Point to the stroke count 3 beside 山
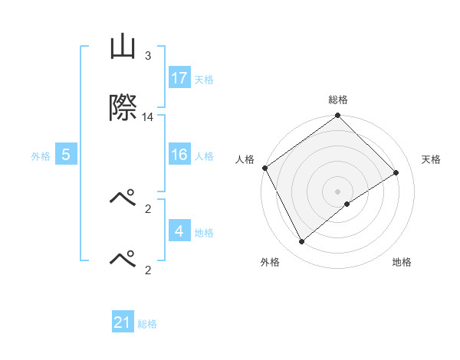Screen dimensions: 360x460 pos(148,56)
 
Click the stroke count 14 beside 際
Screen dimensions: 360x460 pos(148,117)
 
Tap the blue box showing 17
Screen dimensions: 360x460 pos(179,78)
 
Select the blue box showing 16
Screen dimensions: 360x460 pos(179,155)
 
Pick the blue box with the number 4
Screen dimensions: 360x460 pos(179,231)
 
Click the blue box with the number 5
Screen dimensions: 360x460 pos(66,155)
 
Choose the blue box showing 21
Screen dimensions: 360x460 pos(123,323)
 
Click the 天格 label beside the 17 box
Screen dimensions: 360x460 pos(204,80)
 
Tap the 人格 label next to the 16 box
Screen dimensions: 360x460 pos(204,156)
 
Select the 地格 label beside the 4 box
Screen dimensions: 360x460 pos(204,232)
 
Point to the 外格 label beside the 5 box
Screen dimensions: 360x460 pos(41,156)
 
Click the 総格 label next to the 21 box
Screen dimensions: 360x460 pos(147,325)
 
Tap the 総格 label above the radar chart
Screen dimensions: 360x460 pos(337,100)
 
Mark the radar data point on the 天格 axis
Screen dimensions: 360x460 pos(396,172)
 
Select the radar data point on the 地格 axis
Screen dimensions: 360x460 pos(347,204)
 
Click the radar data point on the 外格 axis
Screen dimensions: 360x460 pos(301,242)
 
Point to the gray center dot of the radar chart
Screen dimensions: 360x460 pos(337,191)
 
